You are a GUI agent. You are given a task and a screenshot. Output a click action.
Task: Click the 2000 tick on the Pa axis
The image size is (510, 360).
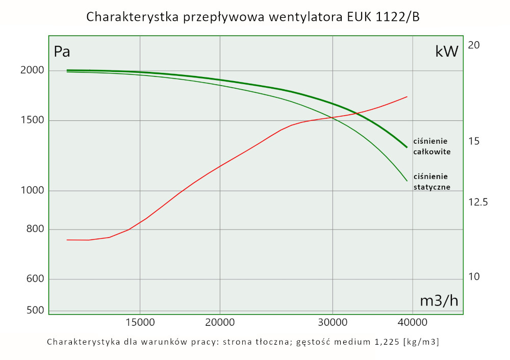32,70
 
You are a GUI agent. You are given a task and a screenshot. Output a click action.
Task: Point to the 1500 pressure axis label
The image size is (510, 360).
32,120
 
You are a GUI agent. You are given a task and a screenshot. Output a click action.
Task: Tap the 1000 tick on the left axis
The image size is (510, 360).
32,191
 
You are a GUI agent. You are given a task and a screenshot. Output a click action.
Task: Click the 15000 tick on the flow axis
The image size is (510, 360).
140,322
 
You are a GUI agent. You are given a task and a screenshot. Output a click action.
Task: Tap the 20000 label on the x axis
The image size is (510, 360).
219,322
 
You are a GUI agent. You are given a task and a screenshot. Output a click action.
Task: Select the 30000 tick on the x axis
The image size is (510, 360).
333,322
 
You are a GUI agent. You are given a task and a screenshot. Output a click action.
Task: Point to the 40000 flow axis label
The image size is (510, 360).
412,322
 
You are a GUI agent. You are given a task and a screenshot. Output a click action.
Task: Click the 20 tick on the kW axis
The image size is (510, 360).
474,45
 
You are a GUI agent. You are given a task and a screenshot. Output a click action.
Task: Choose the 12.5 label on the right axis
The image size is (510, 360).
478,202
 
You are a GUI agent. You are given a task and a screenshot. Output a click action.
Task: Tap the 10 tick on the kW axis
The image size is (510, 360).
474,277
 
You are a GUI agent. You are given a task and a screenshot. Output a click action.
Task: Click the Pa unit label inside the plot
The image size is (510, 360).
62,52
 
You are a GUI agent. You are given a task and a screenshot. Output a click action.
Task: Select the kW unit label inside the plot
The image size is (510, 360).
447,51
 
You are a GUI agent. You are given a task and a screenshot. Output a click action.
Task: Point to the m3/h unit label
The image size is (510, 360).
439,301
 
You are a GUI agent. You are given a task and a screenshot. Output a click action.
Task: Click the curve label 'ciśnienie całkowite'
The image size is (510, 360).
431,146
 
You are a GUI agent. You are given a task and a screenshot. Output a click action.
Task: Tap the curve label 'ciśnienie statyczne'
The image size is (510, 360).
431,182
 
